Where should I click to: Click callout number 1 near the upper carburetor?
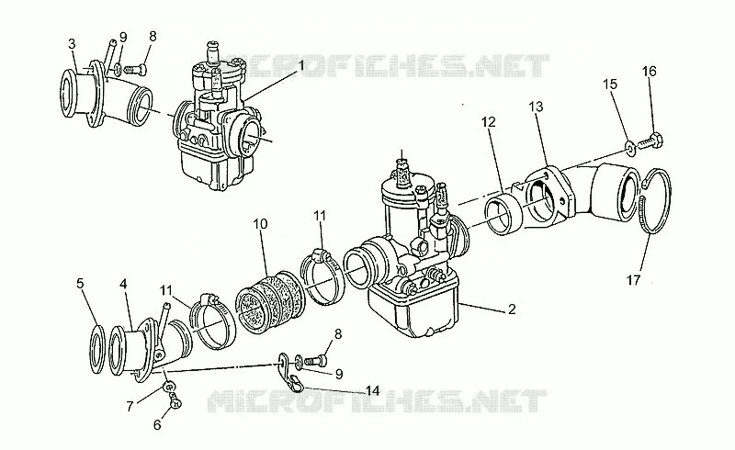[x=301, y=64]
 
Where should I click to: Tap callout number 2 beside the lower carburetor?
[x=512, y=309]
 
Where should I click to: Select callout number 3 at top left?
[x=72, y=43]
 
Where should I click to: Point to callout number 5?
[x=80, y=283]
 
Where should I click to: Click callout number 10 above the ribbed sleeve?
[x=260, y=223]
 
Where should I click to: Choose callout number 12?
[x=488, y=122]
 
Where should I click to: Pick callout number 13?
[x=536, y=107]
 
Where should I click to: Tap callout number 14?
[x=373, y=390]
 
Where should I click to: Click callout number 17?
[x=633, y=280]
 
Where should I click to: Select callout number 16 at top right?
[x=650, y=72]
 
